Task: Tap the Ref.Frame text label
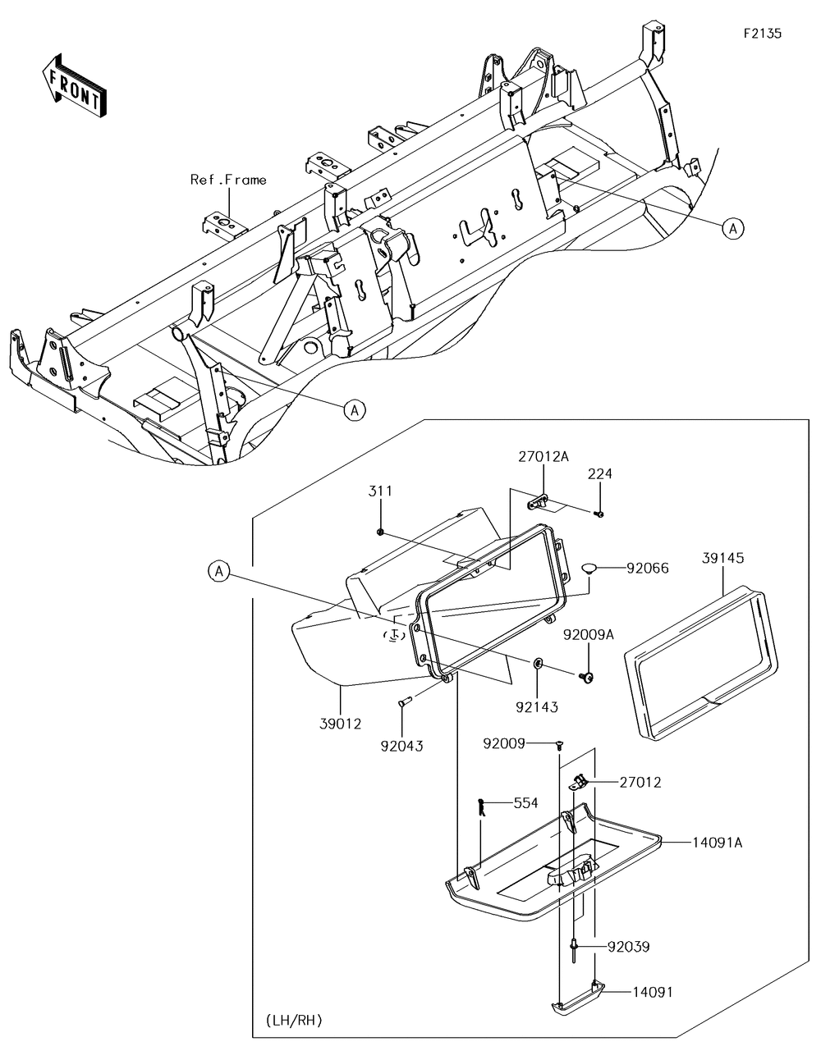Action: tap(228, 179)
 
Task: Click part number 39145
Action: tap(722, 557)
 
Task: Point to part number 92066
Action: tap(647, 567)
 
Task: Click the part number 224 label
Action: tap(599, 474)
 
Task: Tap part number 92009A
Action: tap(588, 634)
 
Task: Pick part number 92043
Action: tap(401, 746)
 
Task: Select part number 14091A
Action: tap(717, 842)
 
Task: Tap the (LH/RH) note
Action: tap(294, 1020)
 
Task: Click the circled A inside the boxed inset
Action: tap(219, 571)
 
